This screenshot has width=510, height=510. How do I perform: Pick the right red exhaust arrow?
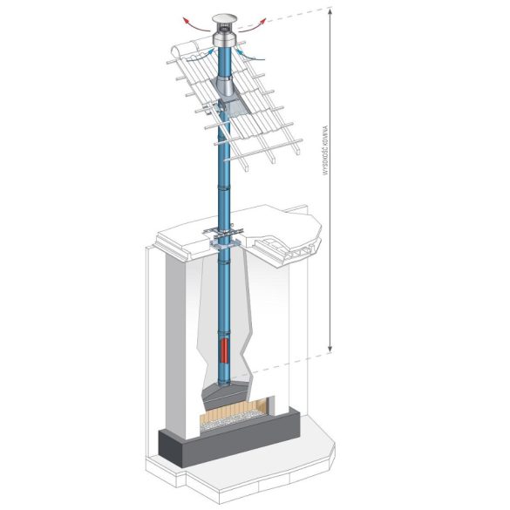tap(254, 26)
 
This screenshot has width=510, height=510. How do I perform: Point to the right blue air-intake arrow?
tap(251, 55)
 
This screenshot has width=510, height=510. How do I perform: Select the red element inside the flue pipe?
tap(224, 350)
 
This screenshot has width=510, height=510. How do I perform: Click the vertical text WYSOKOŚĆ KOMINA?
tap(325, 151)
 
